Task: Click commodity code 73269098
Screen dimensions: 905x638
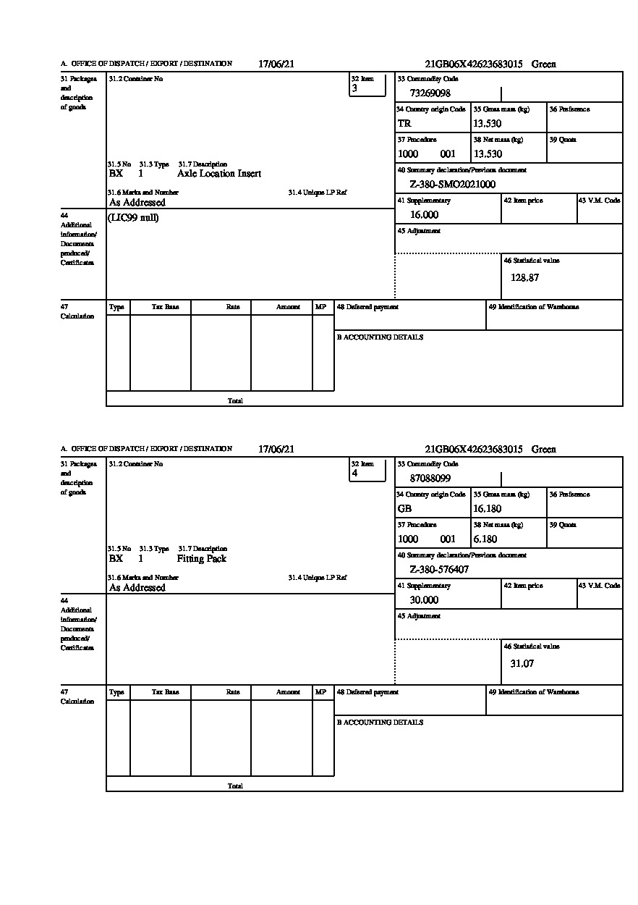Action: [430, 93]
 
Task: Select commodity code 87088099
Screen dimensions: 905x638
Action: [430, 479]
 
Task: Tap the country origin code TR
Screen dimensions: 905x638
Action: [404, 124]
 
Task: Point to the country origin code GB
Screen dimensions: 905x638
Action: [404, 509]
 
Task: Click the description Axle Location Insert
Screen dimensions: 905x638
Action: [219, 174]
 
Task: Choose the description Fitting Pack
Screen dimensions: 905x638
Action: [202, 559]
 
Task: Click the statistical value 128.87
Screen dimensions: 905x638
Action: [524, 277]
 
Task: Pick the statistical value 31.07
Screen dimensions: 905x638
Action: [522, 664]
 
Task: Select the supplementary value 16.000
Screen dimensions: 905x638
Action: [424, 215]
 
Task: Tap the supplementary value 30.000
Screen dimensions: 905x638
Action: [424, 600]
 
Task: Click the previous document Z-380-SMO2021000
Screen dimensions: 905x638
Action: [452, 185]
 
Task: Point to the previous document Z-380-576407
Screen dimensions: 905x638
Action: [439, 570]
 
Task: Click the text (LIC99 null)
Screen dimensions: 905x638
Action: [134, 218]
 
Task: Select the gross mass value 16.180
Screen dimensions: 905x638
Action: [487, 509]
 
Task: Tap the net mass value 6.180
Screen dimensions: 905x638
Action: [485, 539]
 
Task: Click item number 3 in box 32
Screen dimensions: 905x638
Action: [354, 88]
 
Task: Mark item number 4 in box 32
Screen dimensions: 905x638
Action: [354, 473]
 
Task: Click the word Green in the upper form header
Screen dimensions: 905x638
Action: [544, 64]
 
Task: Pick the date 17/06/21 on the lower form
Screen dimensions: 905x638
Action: [276, 450]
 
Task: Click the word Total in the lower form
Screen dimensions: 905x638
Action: [235, 786]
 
